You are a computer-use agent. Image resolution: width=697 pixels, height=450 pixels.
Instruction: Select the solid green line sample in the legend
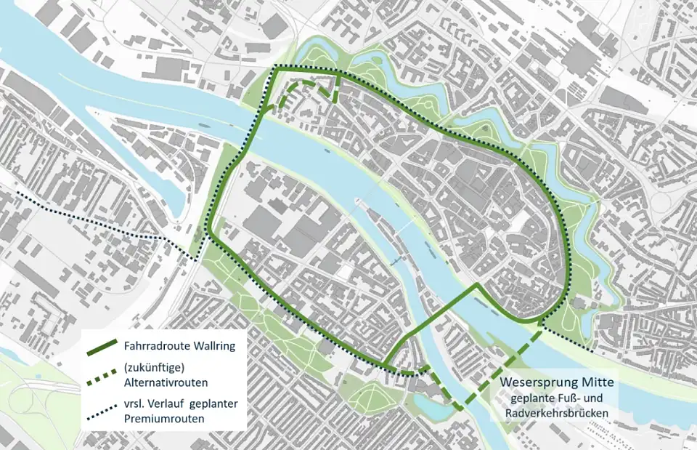tap(102, 347)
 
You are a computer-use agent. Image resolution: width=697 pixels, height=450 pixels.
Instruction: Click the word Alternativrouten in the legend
tap(166, 382)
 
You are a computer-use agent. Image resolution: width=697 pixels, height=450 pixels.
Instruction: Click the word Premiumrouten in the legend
tap(163, 418)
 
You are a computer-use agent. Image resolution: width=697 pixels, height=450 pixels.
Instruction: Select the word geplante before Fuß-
tap(533, 398)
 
